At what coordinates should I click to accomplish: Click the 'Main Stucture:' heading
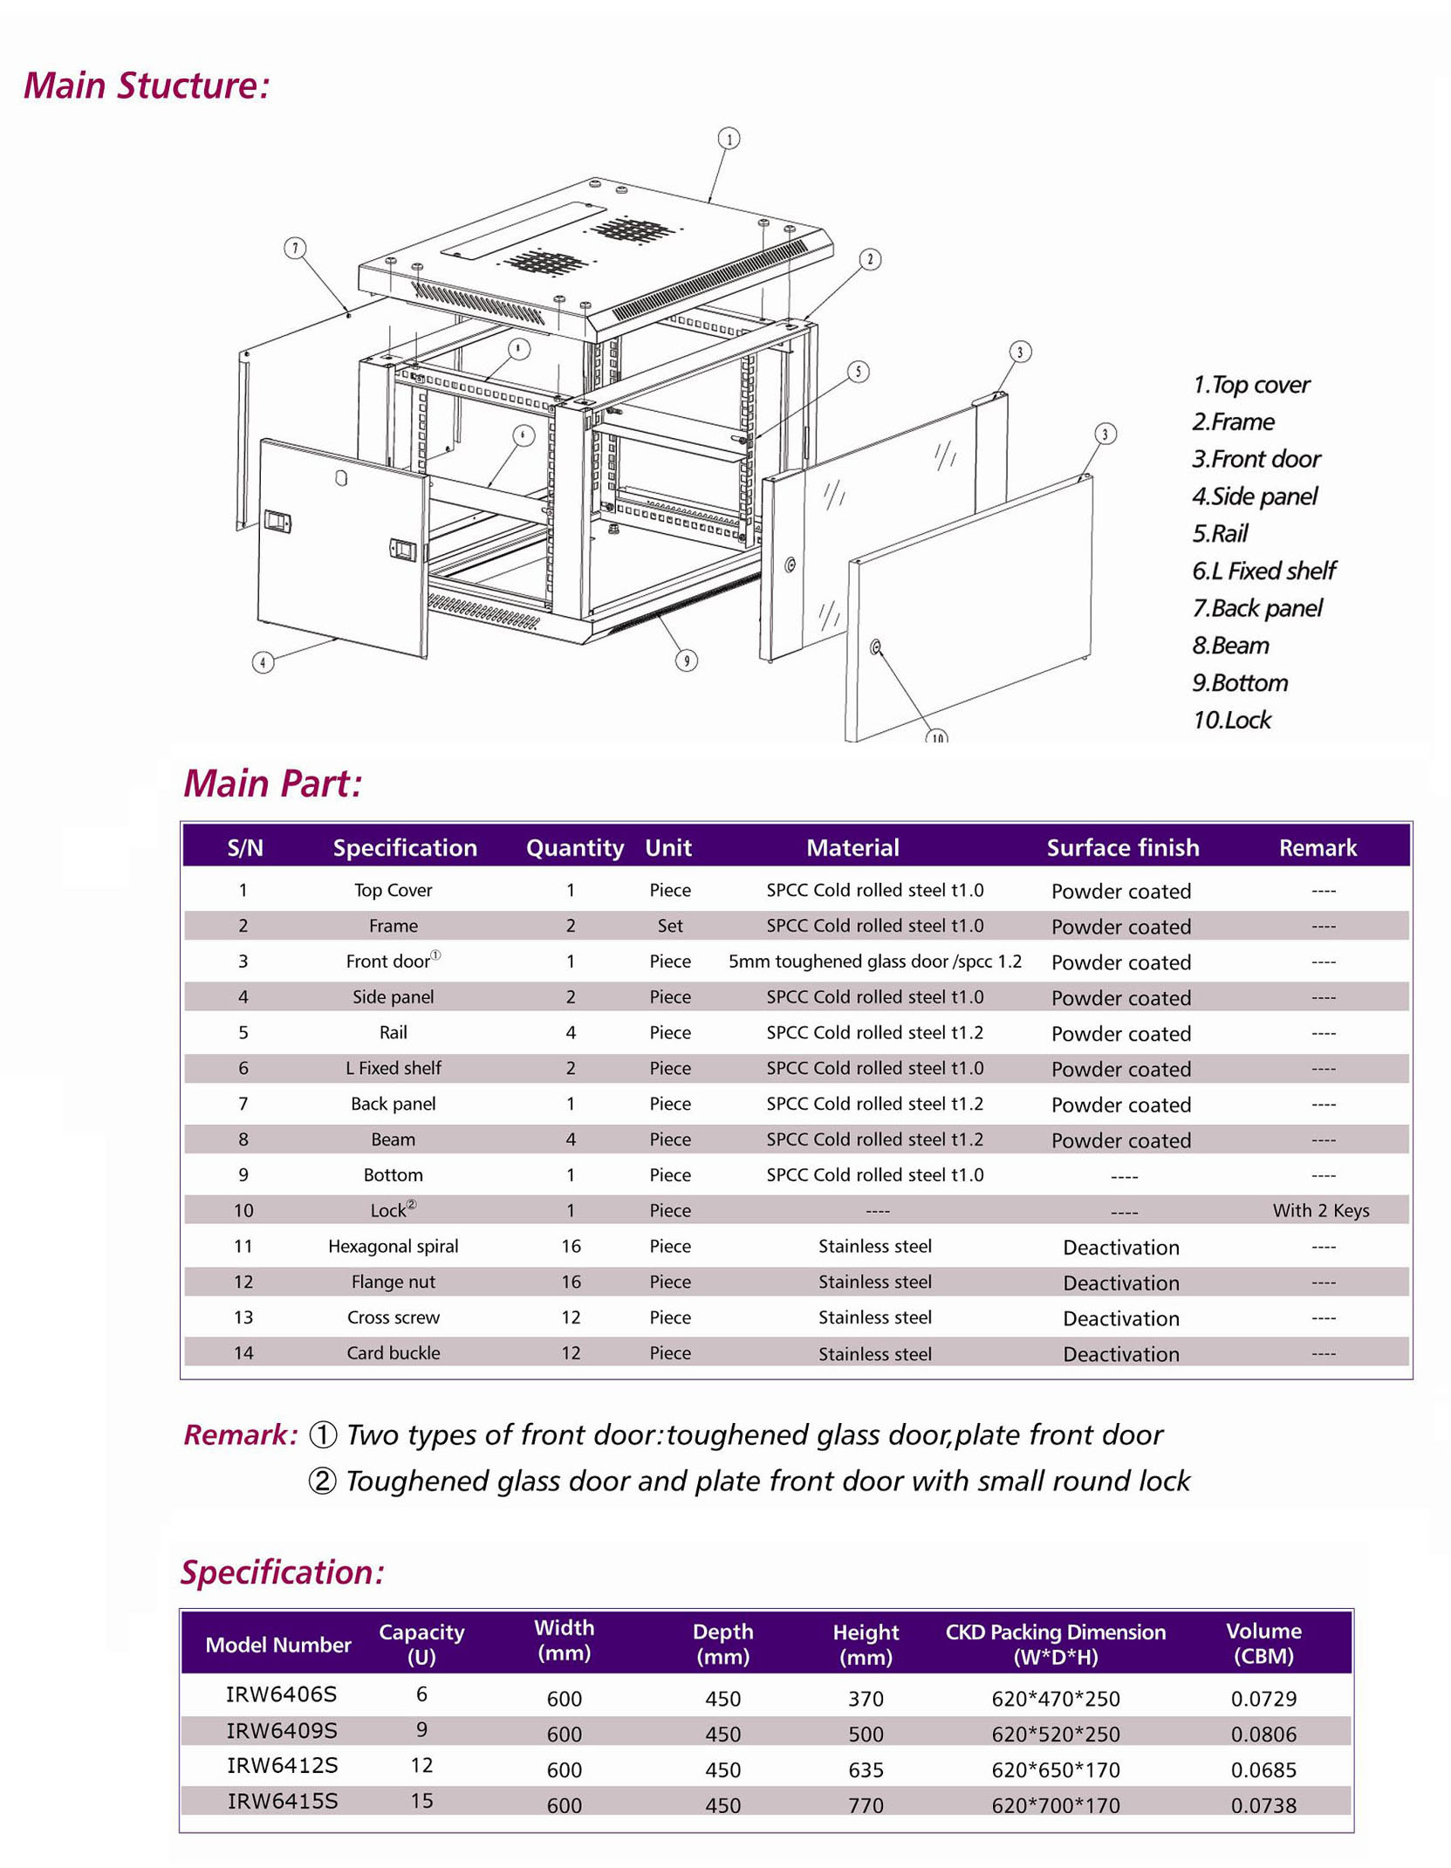click(x=146, y=86)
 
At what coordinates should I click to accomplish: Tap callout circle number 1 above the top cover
click(x=729, y=138)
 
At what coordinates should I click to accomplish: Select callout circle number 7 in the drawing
click(x=295, y=249)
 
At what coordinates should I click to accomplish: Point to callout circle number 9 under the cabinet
click(x=687, y=660)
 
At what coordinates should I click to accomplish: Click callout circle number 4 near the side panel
click(x=263, y=662)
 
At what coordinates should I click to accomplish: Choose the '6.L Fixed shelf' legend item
click(x=1263, y=571)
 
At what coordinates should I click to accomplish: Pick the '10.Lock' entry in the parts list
click(x=1231, y=720)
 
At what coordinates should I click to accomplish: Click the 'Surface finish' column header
click(x=1122, y=847)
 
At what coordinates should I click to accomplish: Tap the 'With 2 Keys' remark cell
click(x=1320, y=1210)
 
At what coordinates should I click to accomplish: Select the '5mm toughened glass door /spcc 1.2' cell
click(x=874, y=961)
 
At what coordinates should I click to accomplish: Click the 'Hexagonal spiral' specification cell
click(x=393, y=1246)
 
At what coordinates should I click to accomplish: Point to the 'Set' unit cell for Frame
click(x=669, y=926)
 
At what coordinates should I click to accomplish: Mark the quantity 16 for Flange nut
click(x=571, y=1282)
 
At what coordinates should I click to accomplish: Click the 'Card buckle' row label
click(x=393, y=1353)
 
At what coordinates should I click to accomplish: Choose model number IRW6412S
click(x=282, y=1766)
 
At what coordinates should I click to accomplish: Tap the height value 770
click(x=866, y=1805)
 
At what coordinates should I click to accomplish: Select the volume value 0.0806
click(x=1263, y=1735)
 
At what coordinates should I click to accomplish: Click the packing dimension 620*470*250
click(x=1055, y=1699)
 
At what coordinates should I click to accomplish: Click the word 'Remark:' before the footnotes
click(x=240, y=1435)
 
